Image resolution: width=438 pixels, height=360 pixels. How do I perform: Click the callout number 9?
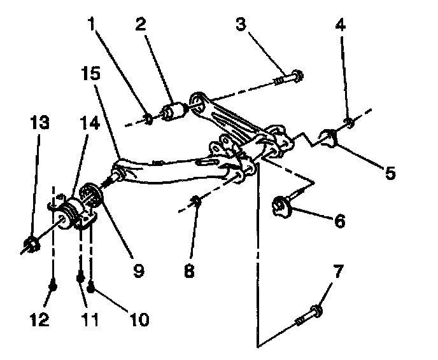click(137, 269)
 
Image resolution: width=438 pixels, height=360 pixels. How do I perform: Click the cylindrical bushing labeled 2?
click(173, 111)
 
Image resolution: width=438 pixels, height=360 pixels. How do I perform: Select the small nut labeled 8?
click(197, 202)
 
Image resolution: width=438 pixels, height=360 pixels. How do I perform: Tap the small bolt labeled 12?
click(53, 287)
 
